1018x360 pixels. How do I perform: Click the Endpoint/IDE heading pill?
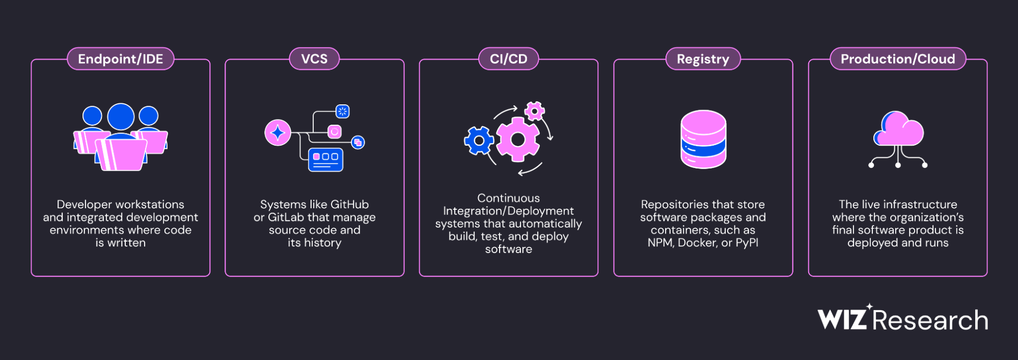point(120,59)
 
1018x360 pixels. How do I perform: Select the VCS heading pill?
point(314,59)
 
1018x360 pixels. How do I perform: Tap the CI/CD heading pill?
point(508,59)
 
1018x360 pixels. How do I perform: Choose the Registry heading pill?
point(703,59)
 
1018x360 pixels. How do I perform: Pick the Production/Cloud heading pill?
point(897,59)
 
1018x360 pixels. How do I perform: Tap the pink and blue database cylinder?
point(703,139)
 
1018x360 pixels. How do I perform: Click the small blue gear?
point(479,141)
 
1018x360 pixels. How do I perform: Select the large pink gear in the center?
point(517,139)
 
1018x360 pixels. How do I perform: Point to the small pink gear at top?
point(534,110)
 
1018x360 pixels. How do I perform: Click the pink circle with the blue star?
point(278,133)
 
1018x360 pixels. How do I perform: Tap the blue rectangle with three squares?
point(325,159)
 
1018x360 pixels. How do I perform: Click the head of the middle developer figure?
point(121,117)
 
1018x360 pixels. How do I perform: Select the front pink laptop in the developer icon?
point(121,155)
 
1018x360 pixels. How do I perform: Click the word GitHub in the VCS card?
point(349,205)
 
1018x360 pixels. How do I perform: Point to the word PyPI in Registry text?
point(747,243)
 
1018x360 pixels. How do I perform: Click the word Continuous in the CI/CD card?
point(508,198)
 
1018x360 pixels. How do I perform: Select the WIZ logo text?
point(842,320)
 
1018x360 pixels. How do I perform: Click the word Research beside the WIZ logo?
point(930,320)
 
